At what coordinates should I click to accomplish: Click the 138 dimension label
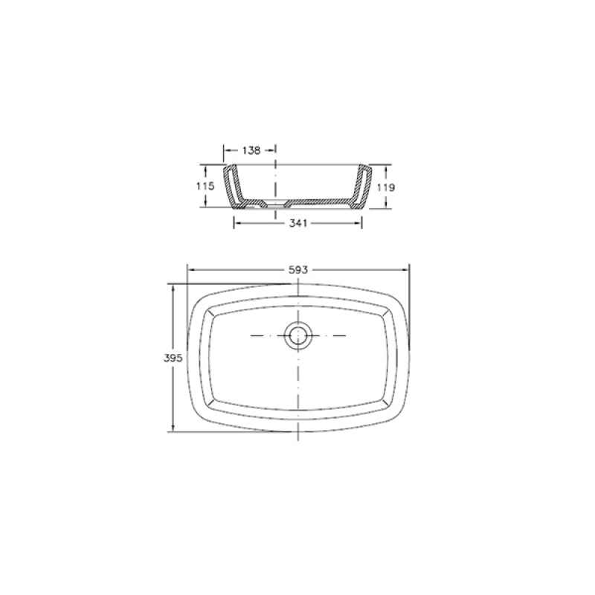(251, 151)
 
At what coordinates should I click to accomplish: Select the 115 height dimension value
(205, 187)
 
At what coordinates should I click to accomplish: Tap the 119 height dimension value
(386, 187)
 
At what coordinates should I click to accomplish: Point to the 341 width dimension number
(298, 224)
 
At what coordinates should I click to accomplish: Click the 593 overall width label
(298, 270)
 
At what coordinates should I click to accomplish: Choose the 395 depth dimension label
(173, 358)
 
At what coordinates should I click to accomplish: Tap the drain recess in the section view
(276, 202)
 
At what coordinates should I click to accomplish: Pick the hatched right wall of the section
(360, 187)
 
